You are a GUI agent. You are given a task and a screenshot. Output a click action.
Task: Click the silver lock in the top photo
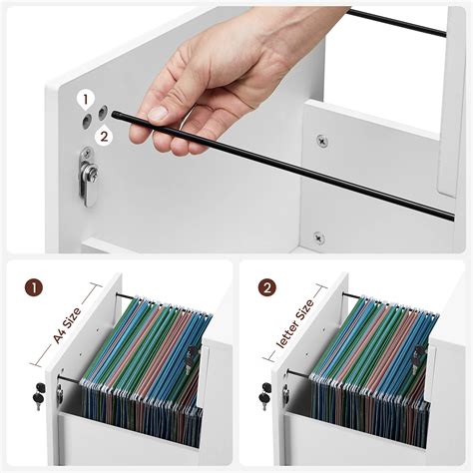89,177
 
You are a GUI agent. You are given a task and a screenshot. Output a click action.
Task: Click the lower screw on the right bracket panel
318,237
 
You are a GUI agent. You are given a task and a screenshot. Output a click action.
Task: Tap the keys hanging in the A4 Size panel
38,395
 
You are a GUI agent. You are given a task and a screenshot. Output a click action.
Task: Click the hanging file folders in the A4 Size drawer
145,359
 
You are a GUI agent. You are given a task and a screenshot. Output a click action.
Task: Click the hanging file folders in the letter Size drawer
369,359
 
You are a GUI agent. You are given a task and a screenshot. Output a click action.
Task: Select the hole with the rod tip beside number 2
102,116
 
